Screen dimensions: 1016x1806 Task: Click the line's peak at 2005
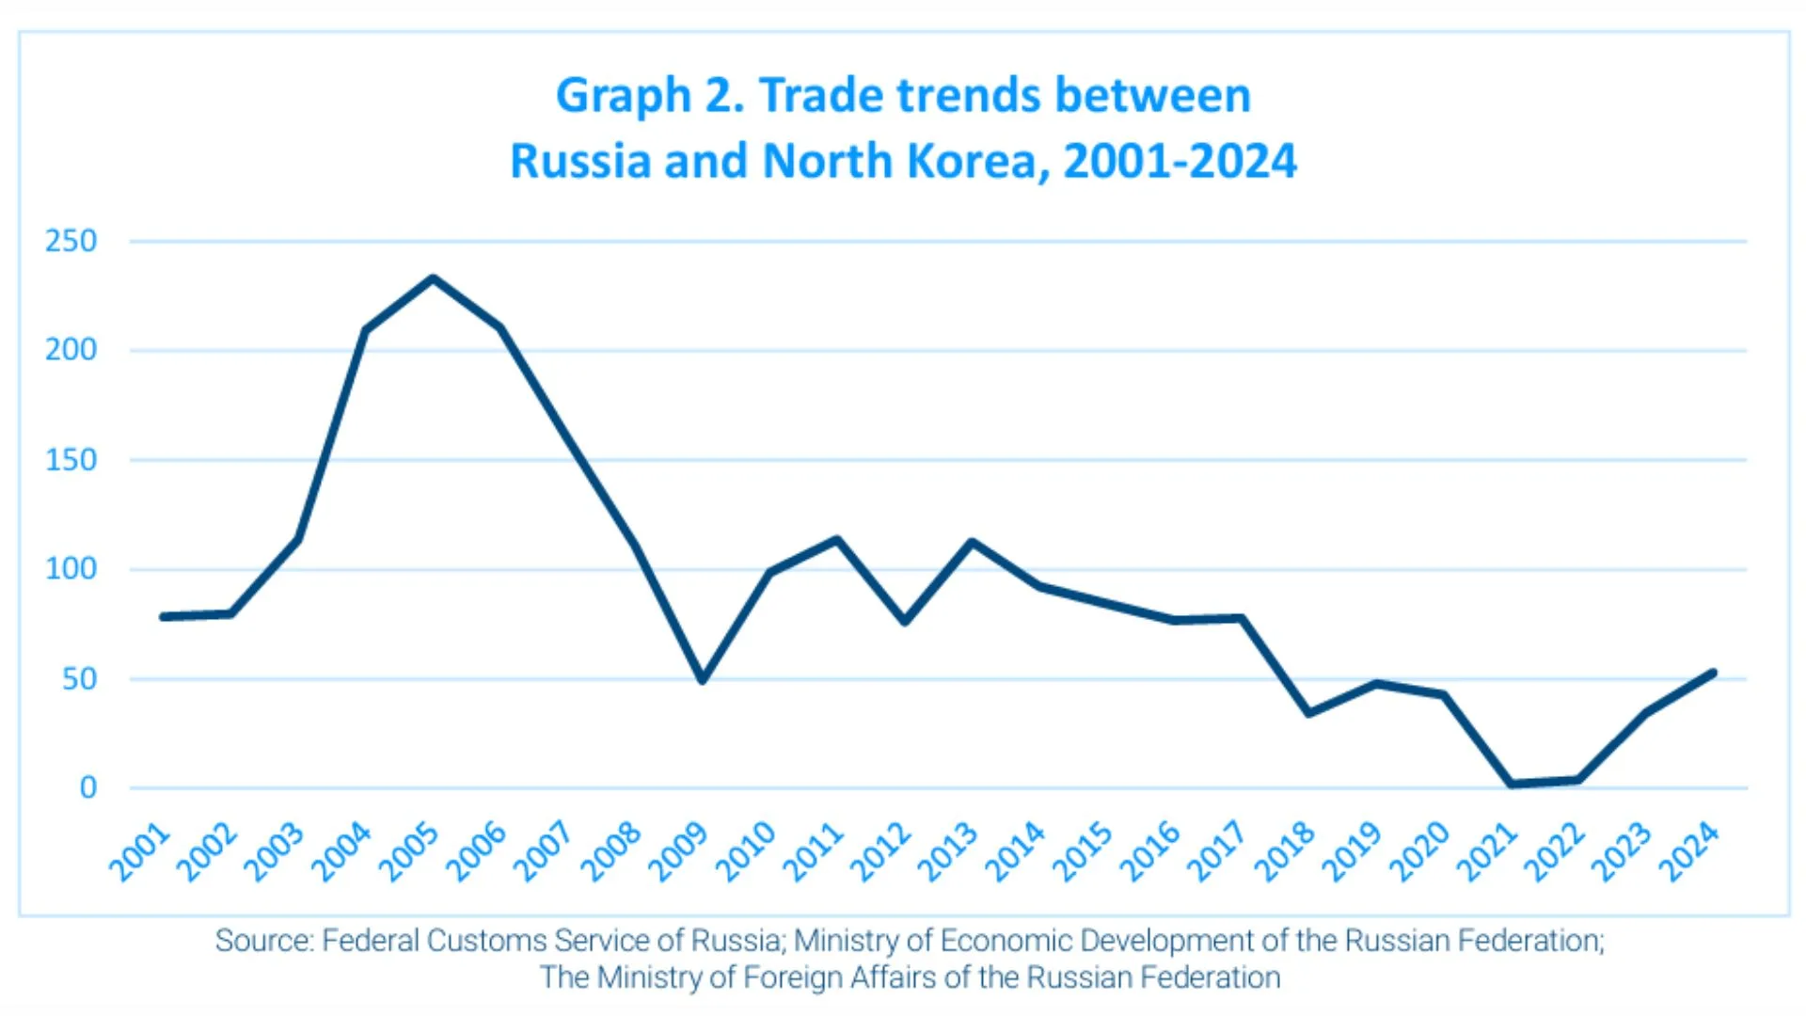tap(433, 278)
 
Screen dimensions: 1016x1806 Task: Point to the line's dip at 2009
tap(702, 679)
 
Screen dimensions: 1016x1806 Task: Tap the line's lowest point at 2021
tap(1511, 784)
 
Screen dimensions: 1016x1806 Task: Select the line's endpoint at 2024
tap(1713, 674)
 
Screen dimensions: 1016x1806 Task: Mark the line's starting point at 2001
tap(164, 617)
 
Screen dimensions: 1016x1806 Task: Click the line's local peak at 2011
tap(836, 539)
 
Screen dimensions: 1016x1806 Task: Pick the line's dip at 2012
tap(905, 622)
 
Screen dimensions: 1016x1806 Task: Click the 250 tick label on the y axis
tap(71, 242)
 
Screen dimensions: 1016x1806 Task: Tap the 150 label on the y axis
tap(71, 460)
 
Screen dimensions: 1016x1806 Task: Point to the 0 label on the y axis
tap(87, 787)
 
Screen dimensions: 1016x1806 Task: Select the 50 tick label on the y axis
tap(79, 679)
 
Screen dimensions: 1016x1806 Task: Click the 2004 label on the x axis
tap(341, 851)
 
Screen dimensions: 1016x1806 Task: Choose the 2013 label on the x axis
tap(947, 851)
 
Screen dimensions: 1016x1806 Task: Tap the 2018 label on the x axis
tap(1285, 851)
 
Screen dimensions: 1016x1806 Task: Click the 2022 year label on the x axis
tap(1554, 851)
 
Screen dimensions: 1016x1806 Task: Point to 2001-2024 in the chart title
tap(1180, 162)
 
